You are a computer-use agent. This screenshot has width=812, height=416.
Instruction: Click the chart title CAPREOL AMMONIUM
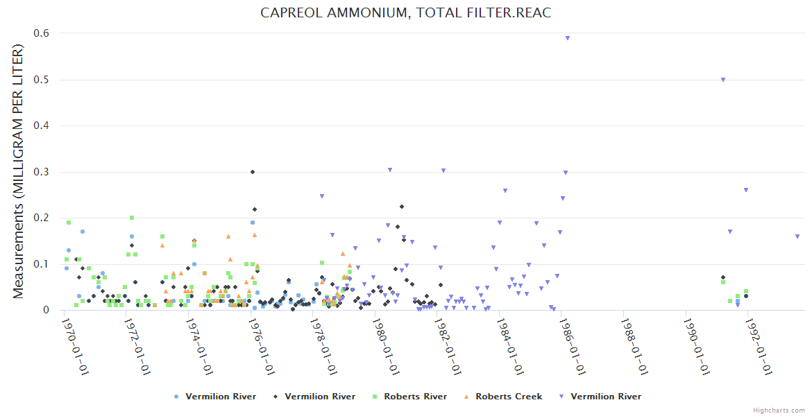[405, 13]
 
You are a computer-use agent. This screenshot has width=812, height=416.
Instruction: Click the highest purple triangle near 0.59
[568, 38]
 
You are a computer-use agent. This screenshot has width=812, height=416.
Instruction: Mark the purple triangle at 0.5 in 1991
[723, 80]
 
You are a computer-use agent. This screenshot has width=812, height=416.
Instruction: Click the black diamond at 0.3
[253, 172]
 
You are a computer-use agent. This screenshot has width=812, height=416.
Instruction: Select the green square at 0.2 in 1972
[132, 218]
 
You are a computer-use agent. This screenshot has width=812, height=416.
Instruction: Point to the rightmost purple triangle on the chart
[797, 236]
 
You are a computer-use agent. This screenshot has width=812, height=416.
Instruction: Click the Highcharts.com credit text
[779, 410]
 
